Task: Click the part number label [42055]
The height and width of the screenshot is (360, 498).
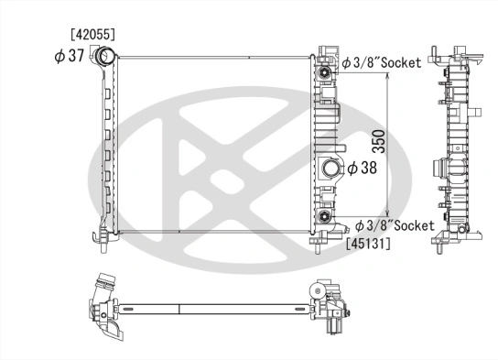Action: (94, 34)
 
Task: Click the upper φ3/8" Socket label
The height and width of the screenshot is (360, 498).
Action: (382, 62)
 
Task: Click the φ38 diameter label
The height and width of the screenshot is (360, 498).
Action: (363, 168)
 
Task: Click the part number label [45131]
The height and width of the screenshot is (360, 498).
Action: (369, 243)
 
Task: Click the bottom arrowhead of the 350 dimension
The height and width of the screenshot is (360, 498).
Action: (390, 213)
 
